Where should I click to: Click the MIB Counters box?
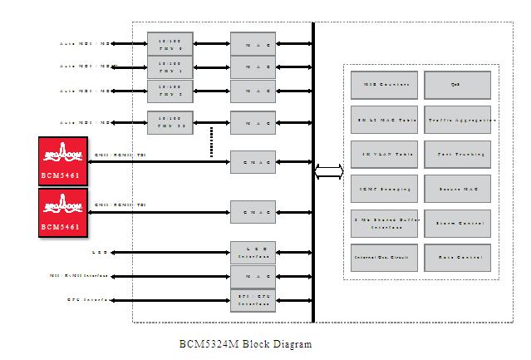coord(383,85)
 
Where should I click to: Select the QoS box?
coord(457,85)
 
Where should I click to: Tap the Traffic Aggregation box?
coord(457,120)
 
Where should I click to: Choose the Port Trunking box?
coord(457,155)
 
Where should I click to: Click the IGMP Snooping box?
coord(383,190)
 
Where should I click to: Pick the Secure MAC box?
coord(457,190)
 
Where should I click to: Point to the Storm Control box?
coord(457,224)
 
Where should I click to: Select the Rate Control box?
coord(457,258)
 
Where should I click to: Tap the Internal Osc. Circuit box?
coord(383,258)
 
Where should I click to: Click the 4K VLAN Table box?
coord(383,155)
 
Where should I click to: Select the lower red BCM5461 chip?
coord(62,212)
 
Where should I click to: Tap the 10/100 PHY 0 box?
coord(170,43)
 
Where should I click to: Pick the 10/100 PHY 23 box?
coord(170,123)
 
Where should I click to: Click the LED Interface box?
coord(253,251)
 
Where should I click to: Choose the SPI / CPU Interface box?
coord(253,298)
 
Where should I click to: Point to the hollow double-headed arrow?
coord(329,172)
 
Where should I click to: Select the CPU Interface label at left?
coord(90,298)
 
